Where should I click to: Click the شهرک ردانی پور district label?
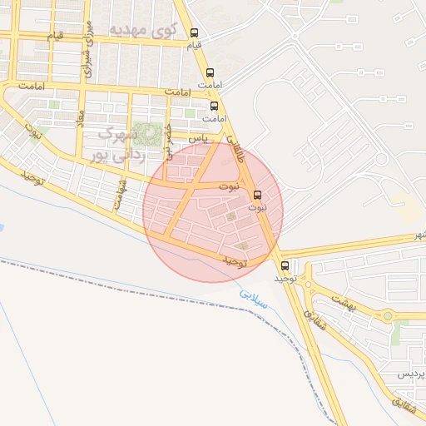pyautogui.click(x=121, y=143)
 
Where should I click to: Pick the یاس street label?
pyautogui.click(x=198, y=137)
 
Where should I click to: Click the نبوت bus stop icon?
pyautogui.click(x=256, y=196)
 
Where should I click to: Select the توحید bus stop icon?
pyautogui.click(x=286, y=266)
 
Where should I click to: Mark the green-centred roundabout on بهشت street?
pyautogui.click(x=388, y=317)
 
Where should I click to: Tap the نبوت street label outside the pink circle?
pyautogui.click(x=34, y=132)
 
